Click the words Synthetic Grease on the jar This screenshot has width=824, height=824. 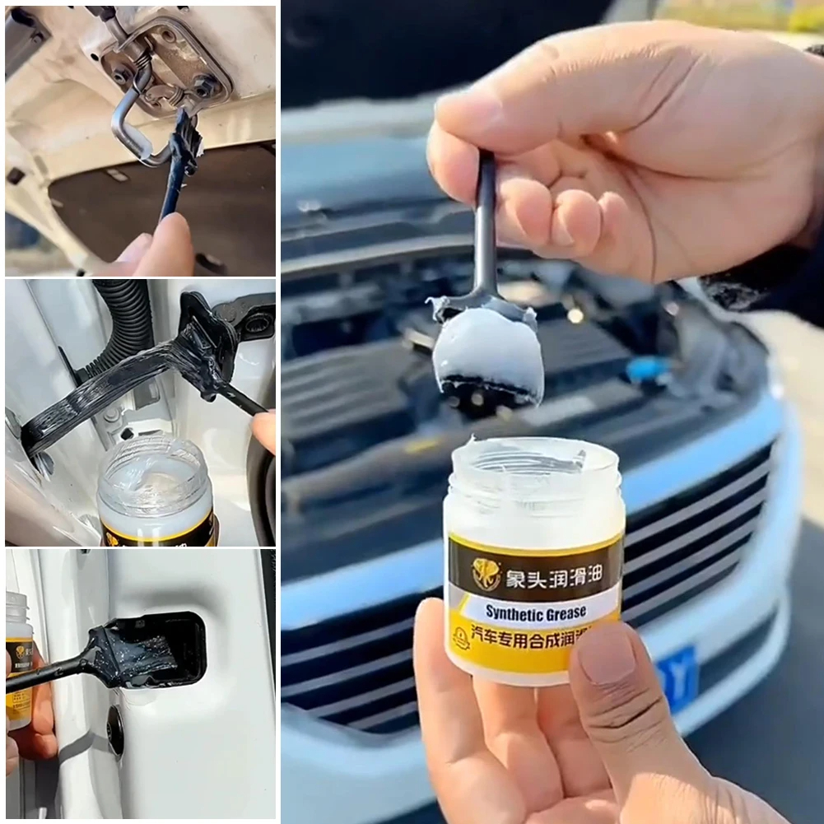535,612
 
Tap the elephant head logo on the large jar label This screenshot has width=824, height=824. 486,573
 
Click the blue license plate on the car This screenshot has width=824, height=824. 677,677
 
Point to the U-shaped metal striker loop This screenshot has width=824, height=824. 132,123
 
